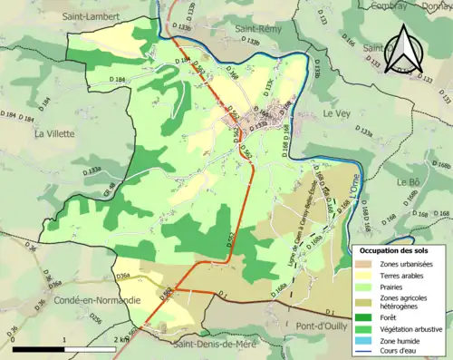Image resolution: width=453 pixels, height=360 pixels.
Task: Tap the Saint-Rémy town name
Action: (261, 28)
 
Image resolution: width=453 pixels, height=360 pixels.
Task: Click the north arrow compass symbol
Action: (403, 50)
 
